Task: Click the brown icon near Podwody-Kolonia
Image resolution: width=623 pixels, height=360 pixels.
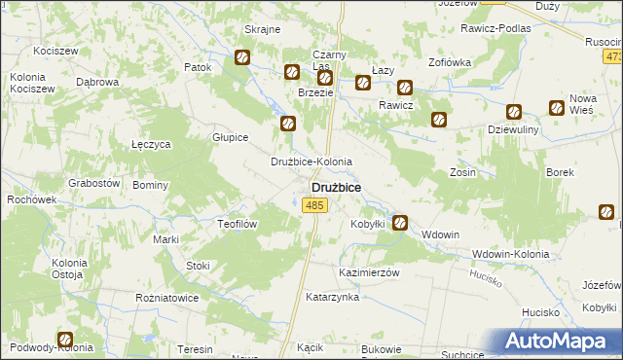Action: point(65,341)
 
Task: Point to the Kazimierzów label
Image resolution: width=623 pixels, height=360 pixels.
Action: point(369,273)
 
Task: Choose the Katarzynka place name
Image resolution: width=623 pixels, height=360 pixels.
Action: point(332,297)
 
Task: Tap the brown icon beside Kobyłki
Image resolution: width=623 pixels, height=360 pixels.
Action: point(399,223)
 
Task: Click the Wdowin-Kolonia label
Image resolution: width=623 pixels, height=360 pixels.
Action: point(509,255)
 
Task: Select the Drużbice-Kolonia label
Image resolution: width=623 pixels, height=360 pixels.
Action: point(311,162)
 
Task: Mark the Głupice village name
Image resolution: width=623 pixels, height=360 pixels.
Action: point(231,138)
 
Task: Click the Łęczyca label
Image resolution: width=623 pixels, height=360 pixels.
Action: point(151,144)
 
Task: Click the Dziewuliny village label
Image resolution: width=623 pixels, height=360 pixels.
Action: point(514,128)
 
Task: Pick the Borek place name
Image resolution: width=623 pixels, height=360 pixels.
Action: point(560,172)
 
